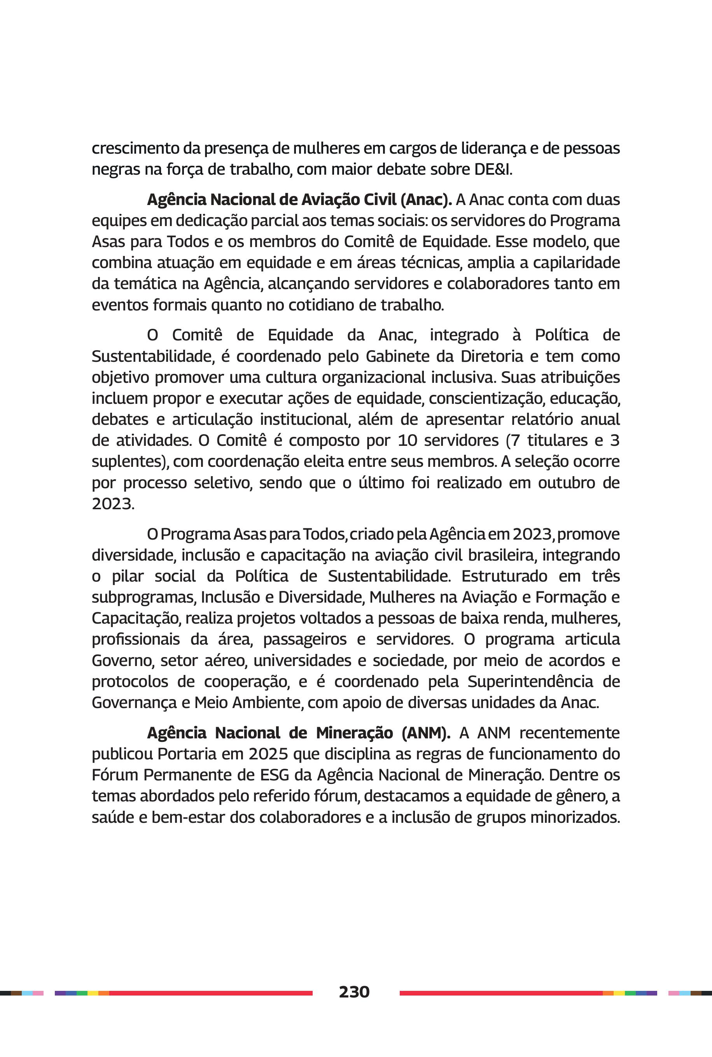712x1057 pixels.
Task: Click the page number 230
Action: click(x=354, y=992)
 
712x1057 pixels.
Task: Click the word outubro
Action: click(x=567, y=482)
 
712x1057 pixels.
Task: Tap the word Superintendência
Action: click(x=530, y=681)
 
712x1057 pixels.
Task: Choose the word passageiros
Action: click(x=305, y=640)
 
